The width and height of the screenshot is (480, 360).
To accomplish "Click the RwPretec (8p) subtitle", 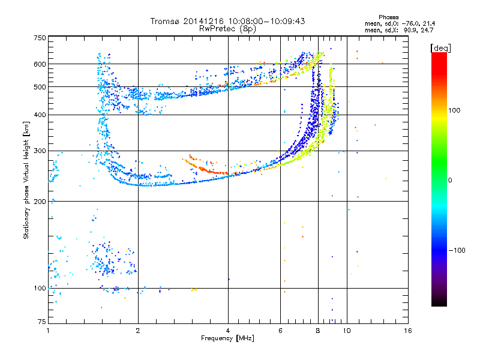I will tap(228, 28).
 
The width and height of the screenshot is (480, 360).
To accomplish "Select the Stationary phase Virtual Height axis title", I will tap(26, 180).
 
